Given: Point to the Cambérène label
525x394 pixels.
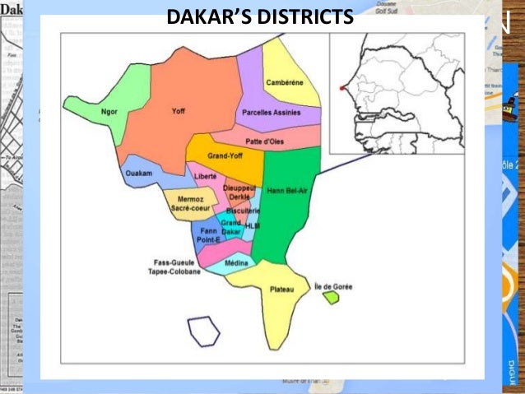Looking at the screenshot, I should tap(284, 82).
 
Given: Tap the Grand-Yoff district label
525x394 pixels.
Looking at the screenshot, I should tap(225, 155).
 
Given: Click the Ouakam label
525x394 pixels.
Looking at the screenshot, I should tap(137, 173).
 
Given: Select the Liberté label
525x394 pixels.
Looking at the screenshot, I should tap(205, 176).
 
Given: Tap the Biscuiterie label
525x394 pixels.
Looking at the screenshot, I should tap(243, 211).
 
